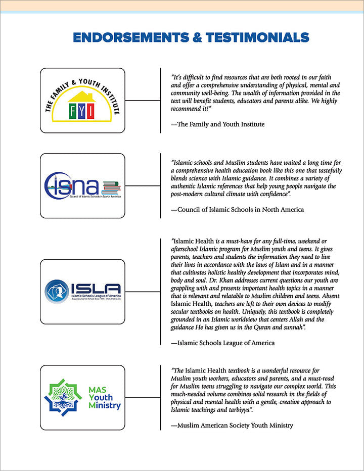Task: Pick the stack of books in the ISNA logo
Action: click(111, 189)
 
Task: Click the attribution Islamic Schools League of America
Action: click(223, 343)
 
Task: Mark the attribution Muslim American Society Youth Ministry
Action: click(232, 426)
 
